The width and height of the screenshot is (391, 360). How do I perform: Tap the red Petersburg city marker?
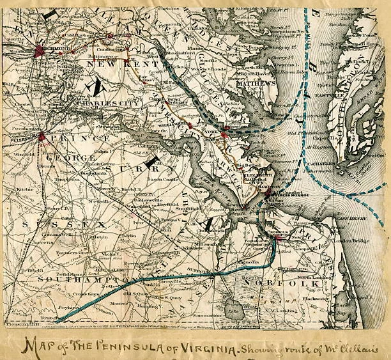tap(41, 136)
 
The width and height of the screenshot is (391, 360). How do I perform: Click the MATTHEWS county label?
tap(254, 83)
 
